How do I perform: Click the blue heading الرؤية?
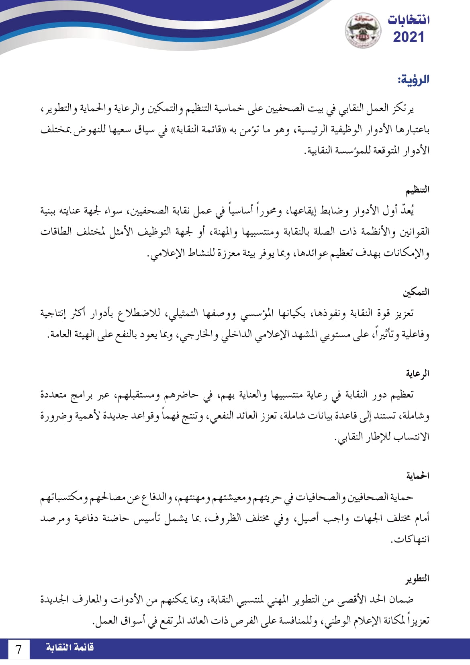[x=413, y=79]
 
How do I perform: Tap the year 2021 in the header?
[x=408, y=37]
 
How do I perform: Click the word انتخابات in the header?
[x=408, y=20]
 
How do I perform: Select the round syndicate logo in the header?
[x=363, y=30]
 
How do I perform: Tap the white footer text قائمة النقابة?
[x=70, y=648]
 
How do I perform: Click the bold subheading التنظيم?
[x=417, y=189]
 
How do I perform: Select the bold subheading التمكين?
[x=416, y=292]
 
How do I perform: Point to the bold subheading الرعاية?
[x=417, y=374]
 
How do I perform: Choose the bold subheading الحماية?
[x=417, y=476]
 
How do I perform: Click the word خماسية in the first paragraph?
[x=238, y=109]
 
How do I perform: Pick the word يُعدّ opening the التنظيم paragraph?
[x=407, y=210]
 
